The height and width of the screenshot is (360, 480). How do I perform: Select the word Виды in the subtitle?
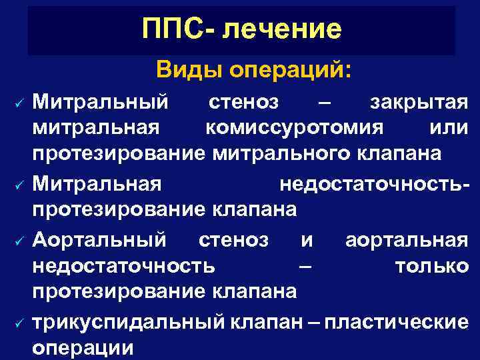(x=189, y=69)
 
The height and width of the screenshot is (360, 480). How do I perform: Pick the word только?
(x=431, y=266)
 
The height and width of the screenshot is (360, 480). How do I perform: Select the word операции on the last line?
(x=83, y=347)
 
